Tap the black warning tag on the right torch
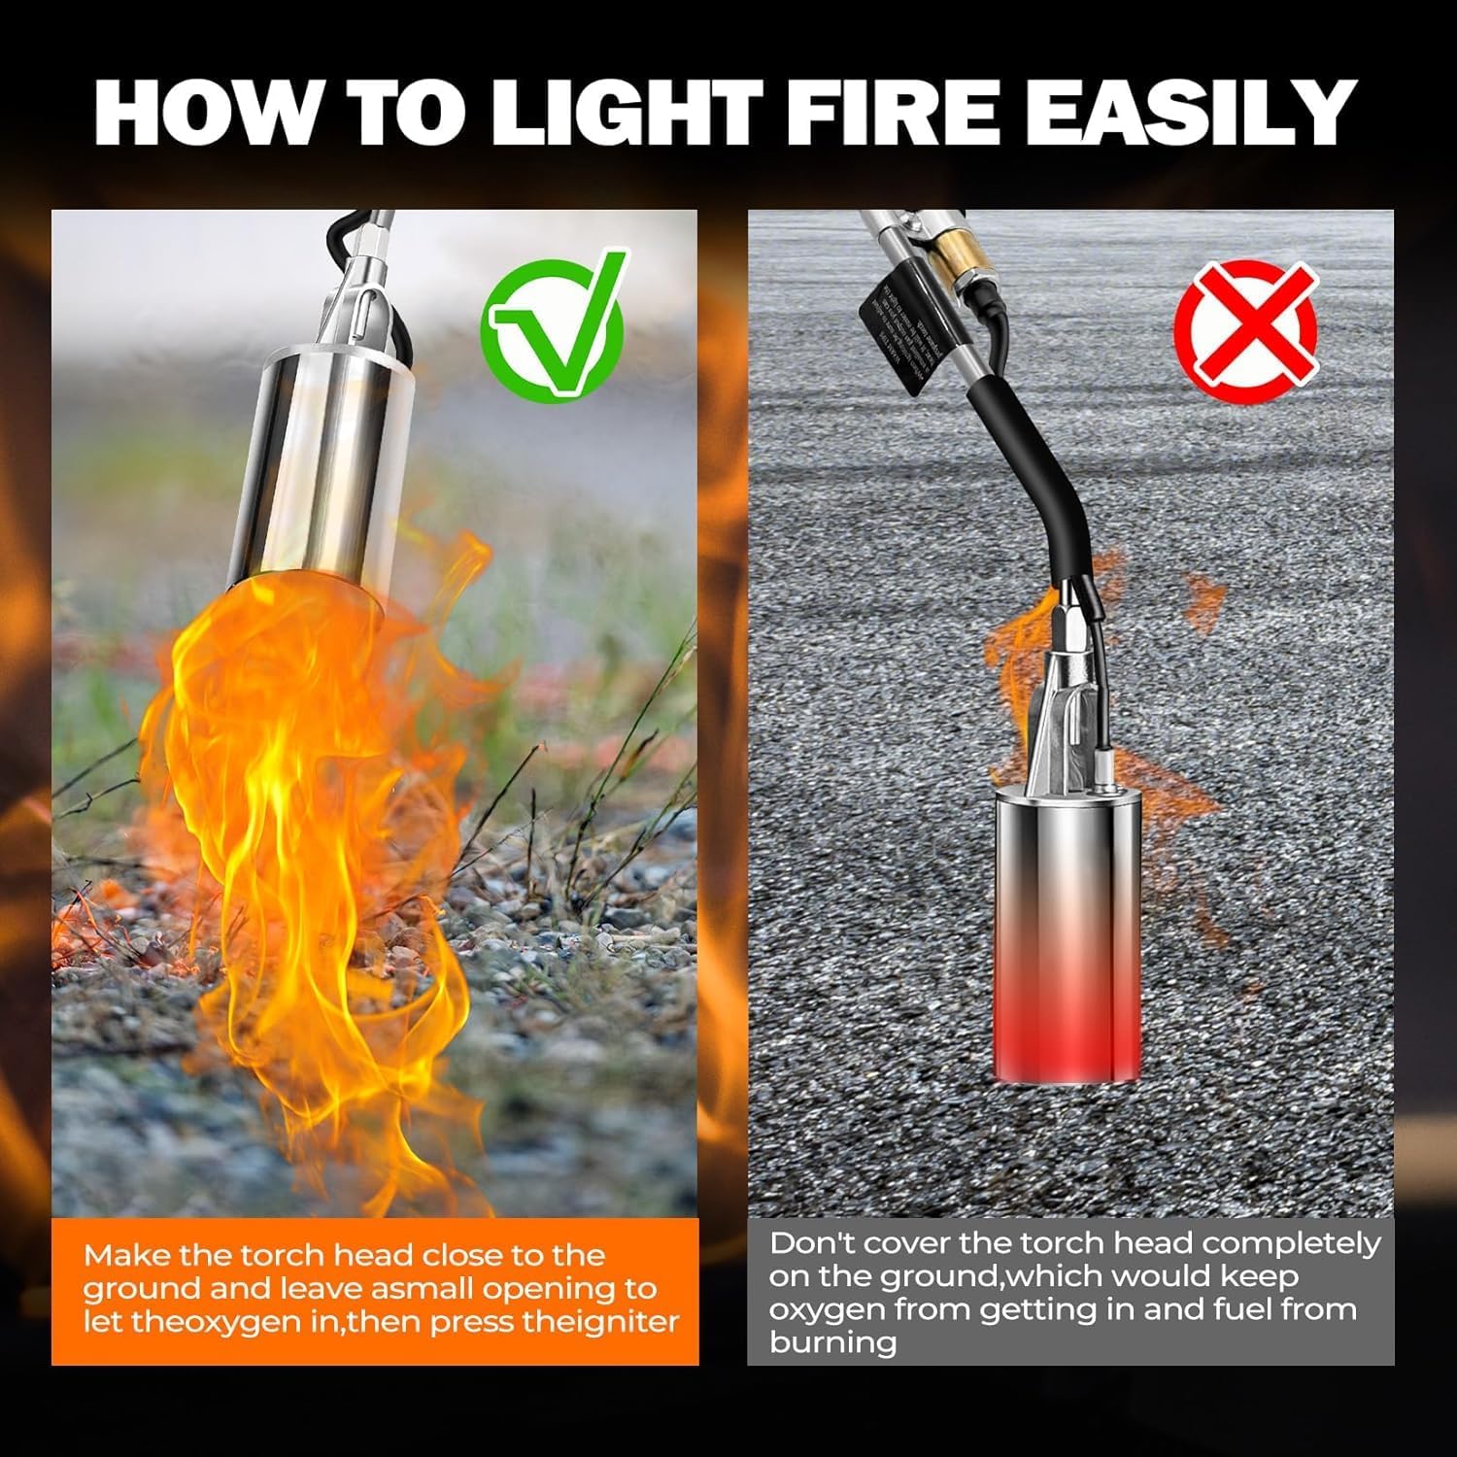tap(898, 330)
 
